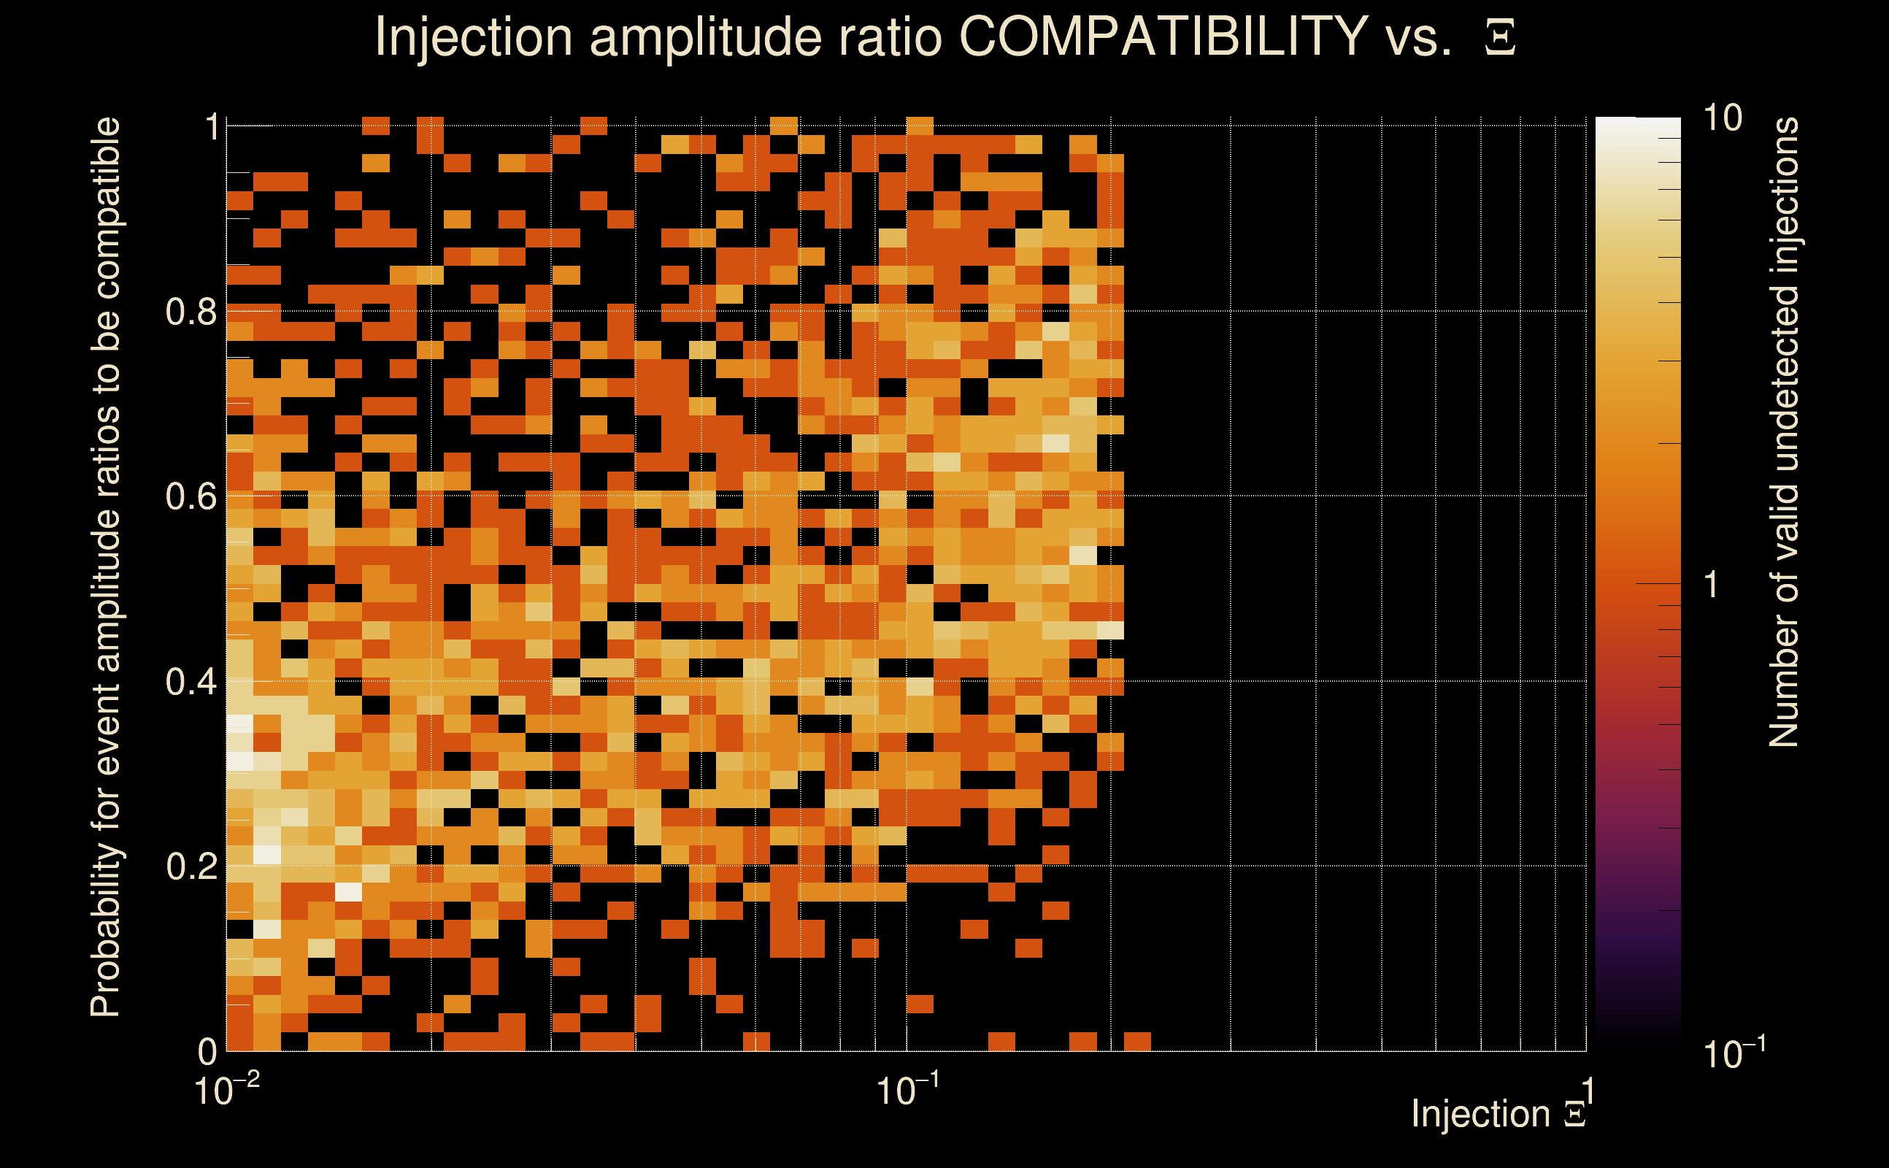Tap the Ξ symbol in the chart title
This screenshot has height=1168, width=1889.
pos(1500,38)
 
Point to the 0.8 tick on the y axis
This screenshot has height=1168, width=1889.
pos(191,312)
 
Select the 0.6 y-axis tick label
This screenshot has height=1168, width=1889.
pos(191,496)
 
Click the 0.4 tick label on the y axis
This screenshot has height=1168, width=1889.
pos(191,682)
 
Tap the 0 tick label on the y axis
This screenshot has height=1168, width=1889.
pos(207,1051)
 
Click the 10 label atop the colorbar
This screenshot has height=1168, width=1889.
pos(1722,118)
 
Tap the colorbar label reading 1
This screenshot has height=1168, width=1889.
pos(1712,585)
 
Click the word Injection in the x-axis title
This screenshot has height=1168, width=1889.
pos(1480,1114)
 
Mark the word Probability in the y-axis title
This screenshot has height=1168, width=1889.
pos(106,931)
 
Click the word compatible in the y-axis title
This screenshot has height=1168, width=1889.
pos(106,209)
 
